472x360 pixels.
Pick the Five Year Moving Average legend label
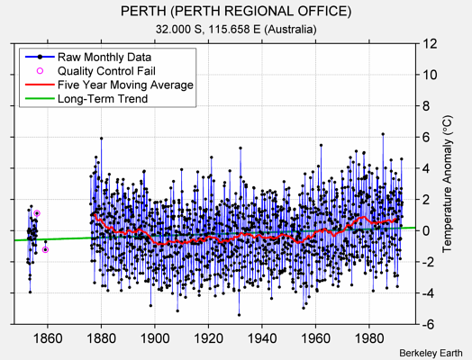pyautogui.click(x=125, y=85)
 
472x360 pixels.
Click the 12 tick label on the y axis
pyautogui.click(x=430, y=43)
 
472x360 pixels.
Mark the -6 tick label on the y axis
pyautogui.click(x=430, y=324)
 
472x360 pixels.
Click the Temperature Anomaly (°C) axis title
pyautogui.click(x=451, y=184)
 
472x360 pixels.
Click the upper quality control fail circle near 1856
pyautogui.click(x=37, y=213)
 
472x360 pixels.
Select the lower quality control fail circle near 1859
pyautogui.click(x=45, y=249)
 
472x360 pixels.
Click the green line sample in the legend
pyautogui.click(x=37, y=99)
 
